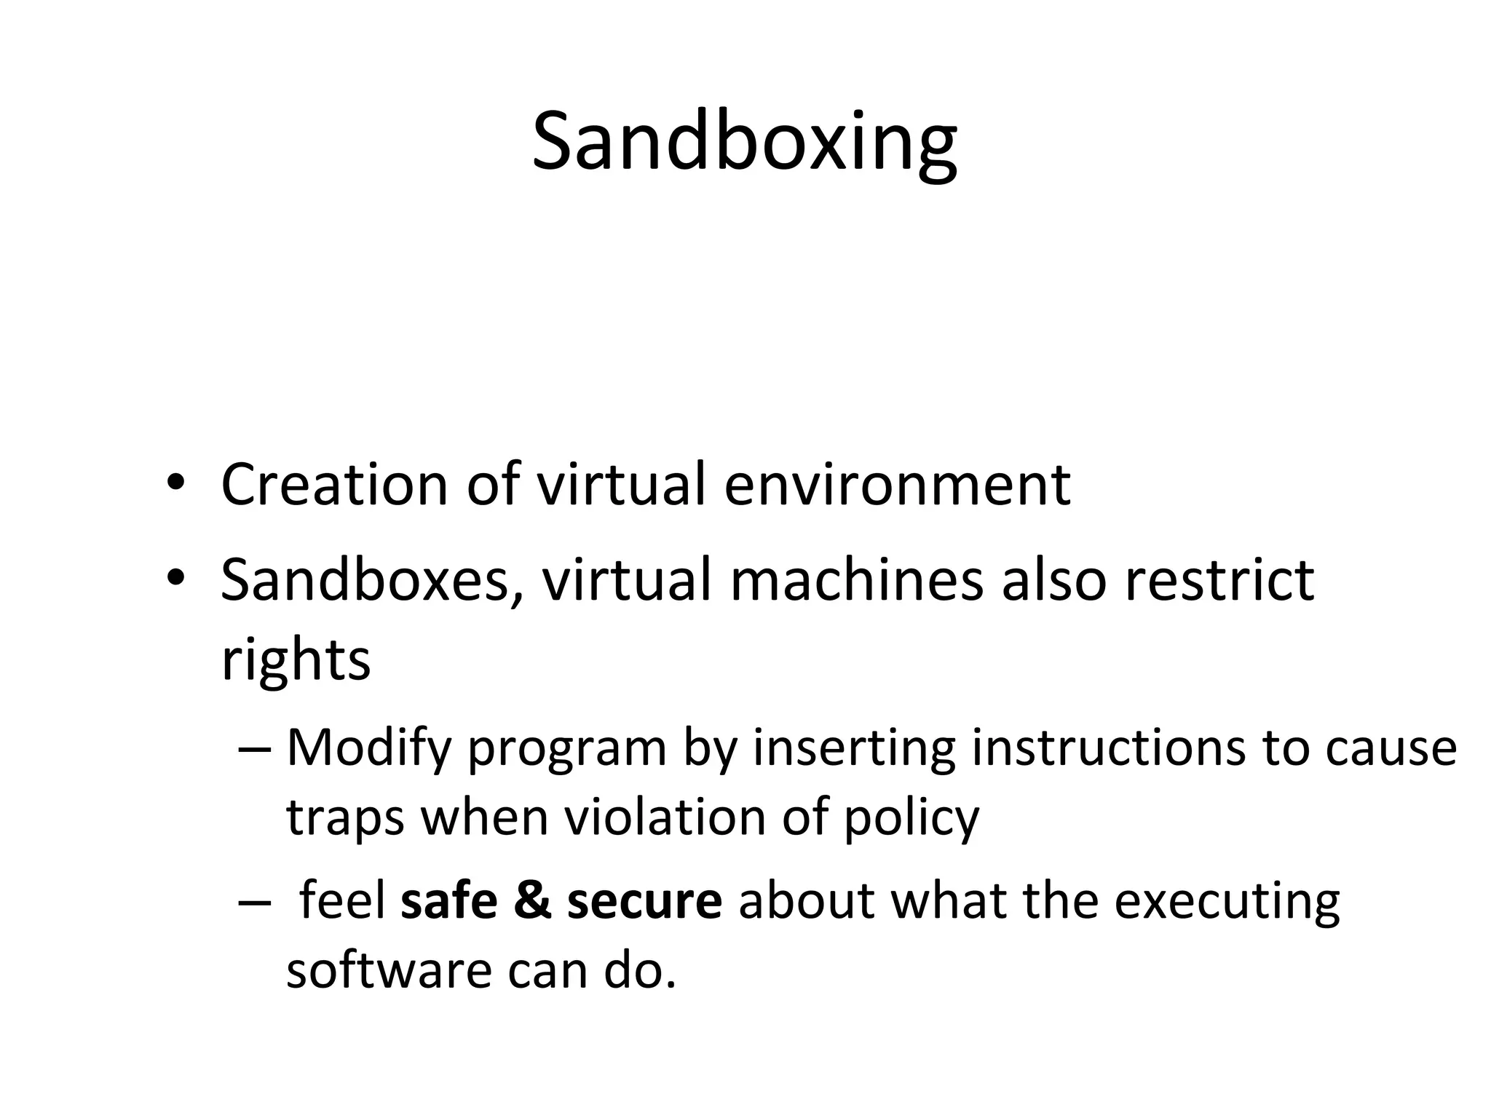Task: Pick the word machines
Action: pos(856,580)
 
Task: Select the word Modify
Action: pos(369,748)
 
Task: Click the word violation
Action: pos(665,817)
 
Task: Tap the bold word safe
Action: pos(448,901)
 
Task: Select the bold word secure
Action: pos(644,901)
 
